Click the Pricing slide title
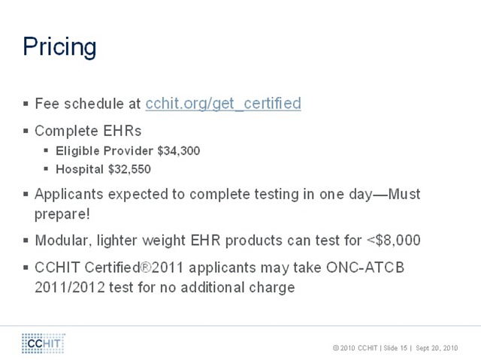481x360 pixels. (59, 47)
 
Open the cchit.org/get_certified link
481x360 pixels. (223, 104)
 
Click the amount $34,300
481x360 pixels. (179, 151)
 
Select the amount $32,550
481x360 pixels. (129, 169)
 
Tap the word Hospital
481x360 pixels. (80, 170)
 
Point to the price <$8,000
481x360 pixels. (394, 241)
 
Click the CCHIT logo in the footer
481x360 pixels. (44, 343)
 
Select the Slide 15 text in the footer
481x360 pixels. (395, 348)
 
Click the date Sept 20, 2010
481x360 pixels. (437, 348)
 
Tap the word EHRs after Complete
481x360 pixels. (122, 131)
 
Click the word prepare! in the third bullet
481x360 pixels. (62, 214)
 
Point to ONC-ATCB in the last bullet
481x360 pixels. (365, 268)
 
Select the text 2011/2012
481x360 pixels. (70, 287)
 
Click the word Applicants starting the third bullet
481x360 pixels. (68, 195)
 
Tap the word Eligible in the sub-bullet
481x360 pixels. (77, 151)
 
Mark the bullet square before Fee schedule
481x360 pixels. (26, 104)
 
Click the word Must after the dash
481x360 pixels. (404, 194)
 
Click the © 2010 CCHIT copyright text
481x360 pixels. (355, 348)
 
